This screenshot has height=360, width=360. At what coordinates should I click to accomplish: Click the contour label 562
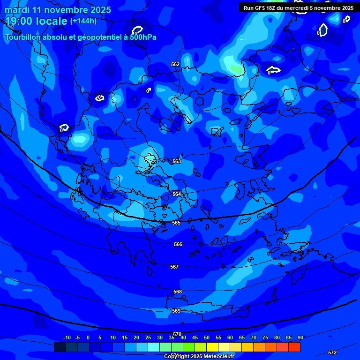coord(175,64)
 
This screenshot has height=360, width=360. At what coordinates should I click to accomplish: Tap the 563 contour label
coord(177,161)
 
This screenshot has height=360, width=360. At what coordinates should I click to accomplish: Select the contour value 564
coord(177,194)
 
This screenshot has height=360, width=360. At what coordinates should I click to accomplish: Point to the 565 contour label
coord(176,223)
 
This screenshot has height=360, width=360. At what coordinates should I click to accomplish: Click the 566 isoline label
coord(178,244)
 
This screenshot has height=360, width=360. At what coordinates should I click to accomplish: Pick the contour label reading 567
coord(174,267)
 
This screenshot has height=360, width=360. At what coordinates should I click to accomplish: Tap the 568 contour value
coord(178,292)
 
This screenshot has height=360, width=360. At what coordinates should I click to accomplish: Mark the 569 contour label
coord(176,311)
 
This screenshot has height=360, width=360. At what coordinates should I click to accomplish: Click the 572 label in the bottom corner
coord(332,352)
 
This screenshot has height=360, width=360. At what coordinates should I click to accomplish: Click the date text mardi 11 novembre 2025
coord(58,10)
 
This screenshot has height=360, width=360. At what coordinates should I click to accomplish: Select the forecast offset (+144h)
coord(83,21)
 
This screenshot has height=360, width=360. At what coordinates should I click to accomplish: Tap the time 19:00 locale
coord(36,21)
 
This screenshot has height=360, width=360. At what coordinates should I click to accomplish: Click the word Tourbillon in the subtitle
coord(23,37)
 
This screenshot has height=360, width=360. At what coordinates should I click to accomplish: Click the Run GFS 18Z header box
coord(299,7)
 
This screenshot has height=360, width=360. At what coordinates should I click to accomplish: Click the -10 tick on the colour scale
coord(67,337)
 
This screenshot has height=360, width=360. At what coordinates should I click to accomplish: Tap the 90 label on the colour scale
coord(300,337)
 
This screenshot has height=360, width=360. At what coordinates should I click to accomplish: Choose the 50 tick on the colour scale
coord(206,337)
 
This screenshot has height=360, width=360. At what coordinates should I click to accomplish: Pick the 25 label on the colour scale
coord(148,337)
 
